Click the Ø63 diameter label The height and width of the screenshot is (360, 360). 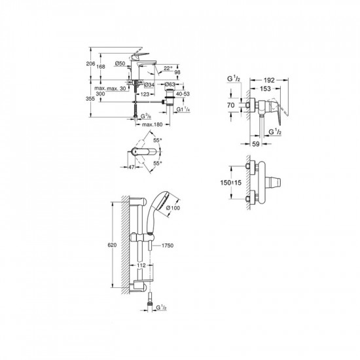(x=170, y=85)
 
